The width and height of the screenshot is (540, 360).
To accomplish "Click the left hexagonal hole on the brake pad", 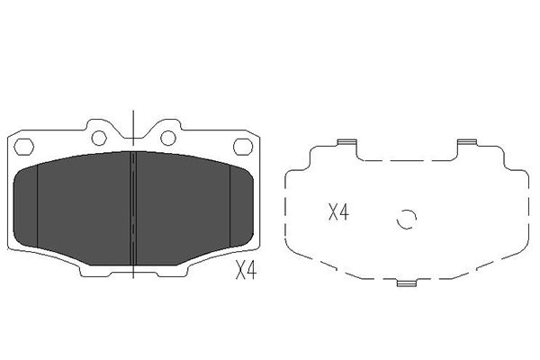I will click(25, 147).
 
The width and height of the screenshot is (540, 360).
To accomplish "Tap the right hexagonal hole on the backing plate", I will click(242, 147).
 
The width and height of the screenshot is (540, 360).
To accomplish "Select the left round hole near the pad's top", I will click(99, 136).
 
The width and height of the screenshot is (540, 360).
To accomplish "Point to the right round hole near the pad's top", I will click(167, 136).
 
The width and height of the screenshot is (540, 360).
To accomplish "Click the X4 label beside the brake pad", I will click(246, 270).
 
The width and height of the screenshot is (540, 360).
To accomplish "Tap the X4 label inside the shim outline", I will click(337, 213).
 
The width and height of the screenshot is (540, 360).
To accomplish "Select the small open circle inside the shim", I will click(406, 219).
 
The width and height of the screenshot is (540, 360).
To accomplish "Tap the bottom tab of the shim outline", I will click(407, 284).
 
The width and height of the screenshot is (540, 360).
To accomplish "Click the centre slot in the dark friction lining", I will click(132, 203).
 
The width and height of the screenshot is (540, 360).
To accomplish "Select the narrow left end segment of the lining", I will click(27, 202).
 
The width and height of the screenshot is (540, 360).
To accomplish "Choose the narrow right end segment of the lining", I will click(241, 202).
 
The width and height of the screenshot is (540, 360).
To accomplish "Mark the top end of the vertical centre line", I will click(132, 112).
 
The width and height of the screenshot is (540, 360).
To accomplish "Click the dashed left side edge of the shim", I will click(286, 211).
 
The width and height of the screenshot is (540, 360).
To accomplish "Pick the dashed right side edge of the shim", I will click(525, 211).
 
